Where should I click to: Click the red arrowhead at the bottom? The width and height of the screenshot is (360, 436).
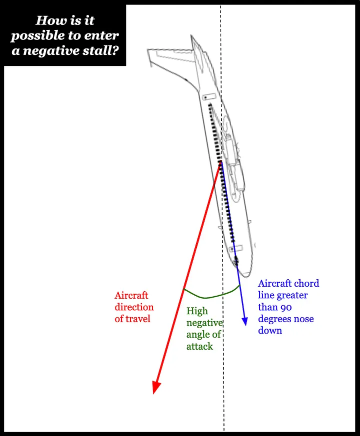[156, 388]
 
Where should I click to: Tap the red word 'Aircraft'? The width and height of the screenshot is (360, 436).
[131, 296]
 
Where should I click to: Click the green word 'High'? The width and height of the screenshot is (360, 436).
[197, 312]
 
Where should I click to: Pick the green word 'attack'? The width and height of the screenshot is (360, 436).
[200, 346]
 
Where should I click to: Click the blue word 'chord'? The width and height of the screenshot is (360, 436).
[306, 284]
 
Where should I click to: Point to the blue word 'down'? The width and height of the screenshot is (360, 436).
[270, 330]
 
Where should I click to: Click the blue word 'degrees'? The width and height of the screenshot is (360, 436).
[276, 319]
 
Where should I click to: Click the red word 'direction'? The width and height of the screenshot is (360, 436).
[134, 307]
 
